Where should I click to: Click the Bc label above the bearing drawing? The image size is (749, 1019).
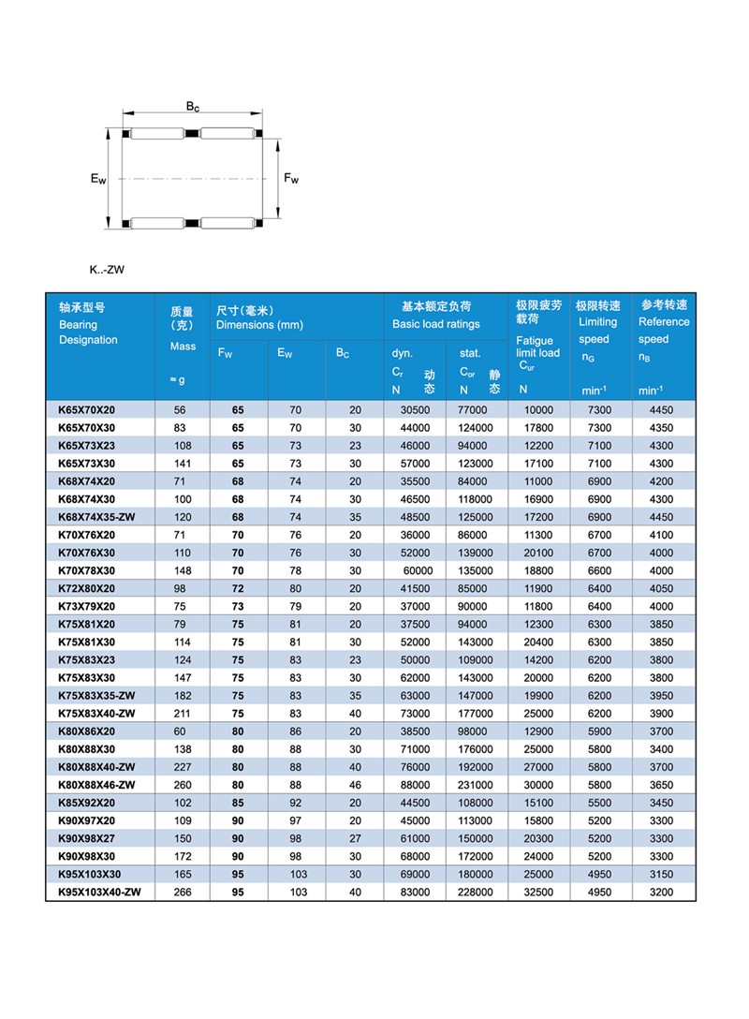click(192, 107)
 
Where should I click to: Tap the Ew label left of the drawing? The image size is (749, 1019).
click(98, 178)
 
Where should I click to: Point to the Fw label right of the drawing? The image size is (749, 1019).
click(291, 178)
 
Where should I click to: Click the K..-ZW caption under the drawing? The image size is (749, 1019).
click(107, 270)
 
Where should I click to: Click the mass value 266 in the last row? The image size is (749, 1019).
click(183, 893)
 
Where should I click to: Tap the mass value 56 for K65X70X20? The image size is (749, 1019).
click(180, 409)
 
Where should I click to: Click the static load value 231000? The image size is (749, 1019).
click(476, 784)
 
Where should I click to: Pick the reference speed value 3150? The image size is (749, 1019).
click(661, 875)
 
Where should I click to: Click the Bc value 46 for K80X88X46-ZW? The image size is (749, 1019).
click(355, 784)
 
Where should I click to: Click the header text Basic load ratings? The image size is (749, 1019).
click(435, 324)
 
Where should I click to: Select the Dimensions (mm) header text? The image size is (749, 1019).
click(259, 325)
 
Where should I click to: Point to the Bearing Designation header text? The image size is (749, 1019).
click(88, 332)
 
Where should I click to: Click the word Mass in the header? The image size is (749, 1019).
click(183, 347)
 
